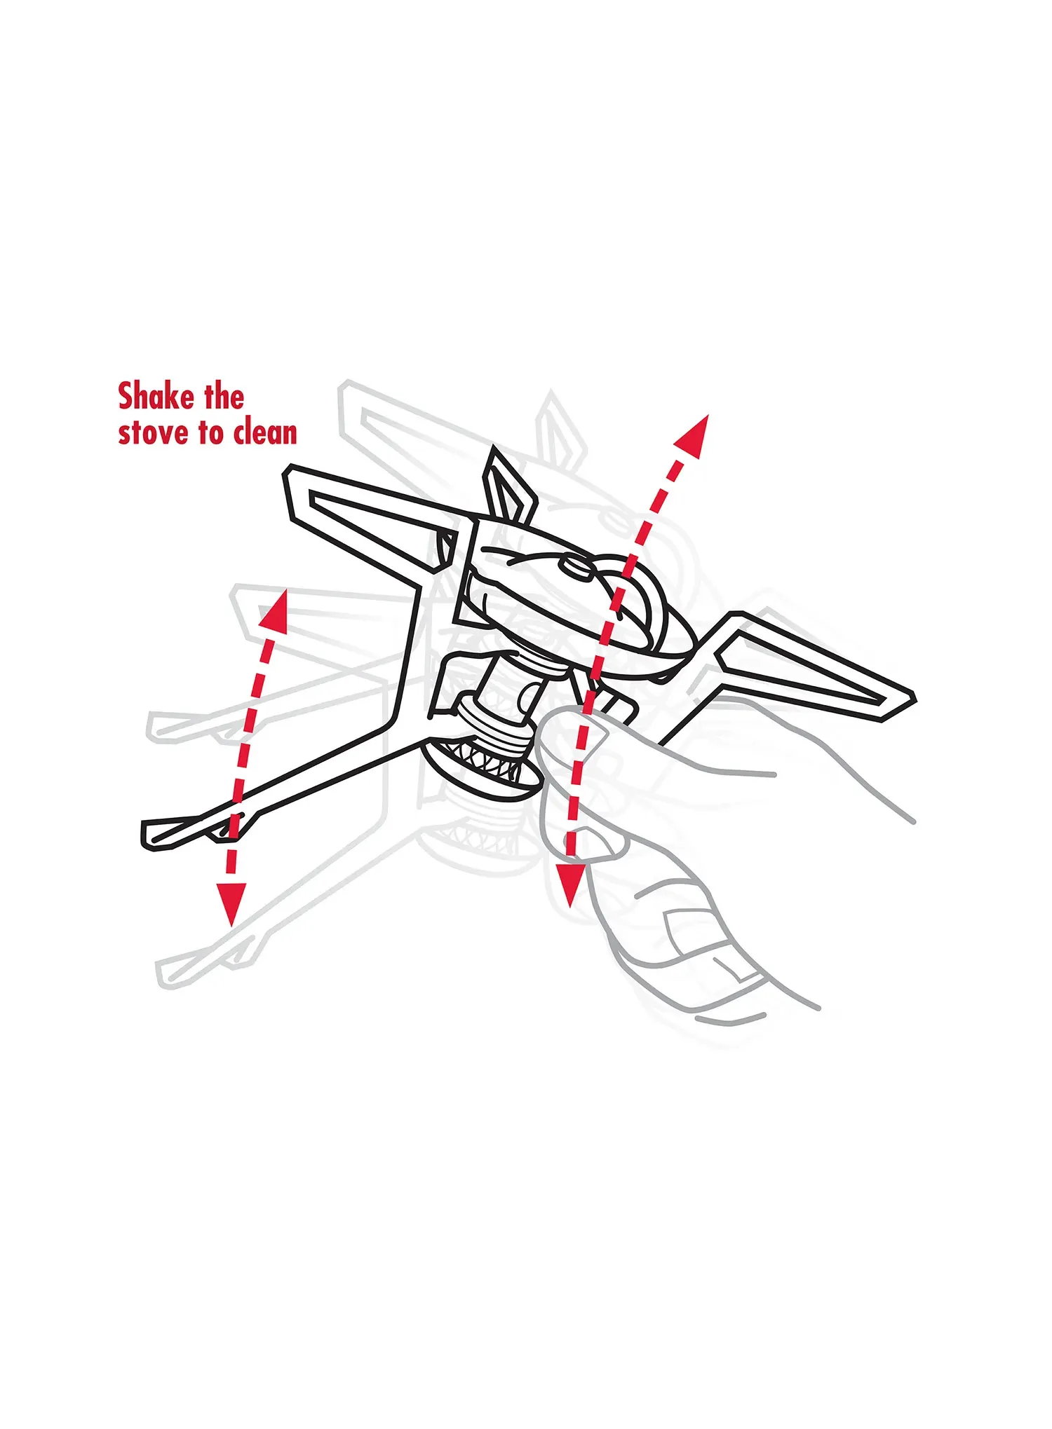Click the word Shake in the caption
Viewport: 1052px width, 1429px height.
156,397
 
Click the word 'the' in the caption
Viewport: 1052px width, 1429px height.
224,397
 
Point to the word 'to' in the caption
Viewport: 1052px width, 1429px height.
210,433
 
